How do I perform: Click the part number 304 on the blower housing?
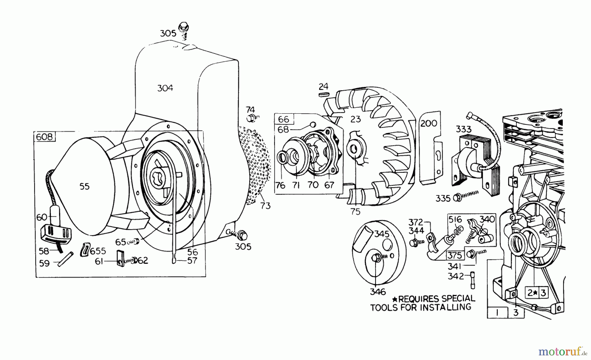165,88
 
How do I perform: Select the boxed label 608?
44,137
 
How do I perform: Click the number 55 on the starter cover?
84,186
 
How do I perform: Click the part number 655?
98,251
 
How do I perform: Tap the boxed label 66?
284,119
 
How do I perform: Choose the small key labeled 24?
324,94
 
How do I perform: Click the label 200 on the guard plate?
429,123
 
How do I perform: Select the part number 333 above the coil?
463,129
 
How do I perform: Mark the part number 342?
456,276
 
